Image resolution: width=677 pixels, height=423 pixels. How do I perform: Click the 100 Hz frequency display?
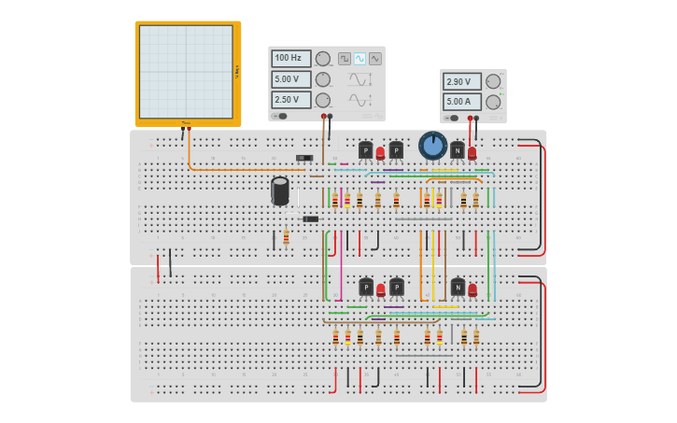coord(290,58)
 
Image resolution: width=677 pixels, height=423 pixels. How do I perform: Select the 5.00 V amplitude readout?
coord(290,79)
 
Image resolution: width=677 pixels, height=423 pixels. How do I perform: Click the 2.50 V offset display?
coord(290,100)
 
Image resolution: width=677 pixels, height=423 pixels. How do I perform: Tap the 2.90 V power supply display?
coord(461,81)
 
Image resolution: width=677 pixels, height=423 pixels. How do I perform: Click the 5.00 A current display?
coord(461,101)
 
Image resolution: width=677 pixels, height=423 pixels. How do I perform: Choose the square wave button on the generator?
coord(344,58)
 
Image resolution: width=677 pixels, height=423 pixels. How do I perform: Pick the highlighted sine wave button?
coord(360,58)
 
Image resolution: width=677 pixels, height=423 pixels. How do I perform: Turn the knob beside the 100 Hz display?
coord(323,59)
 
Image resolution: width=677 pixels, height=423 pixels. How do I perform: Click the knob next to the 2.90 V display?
coord(493,81)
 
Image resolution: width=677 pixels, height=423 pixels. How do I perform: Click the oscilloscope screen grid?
coord(186,71)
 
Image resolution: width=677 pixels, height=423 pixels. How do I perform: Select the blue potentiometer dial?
coord(432,145)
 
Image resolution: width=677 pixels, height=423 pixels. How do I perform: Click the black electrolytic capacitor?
coord(280,190)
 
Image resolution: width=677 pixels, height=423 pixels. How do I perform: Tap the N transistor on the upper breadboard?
coord(457,150)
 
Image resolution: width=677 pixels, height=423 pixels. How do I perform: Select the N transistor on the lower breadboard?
coord(458,288)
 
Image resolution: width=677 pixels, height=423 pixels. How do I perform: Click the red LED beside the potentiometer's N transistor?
coord(472,152)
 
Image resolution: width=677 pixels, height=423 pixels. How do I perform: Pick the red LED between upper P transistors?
coord(380,152)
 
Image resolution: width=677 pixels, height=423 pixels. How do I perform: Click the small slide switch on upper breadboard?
coord(303,158)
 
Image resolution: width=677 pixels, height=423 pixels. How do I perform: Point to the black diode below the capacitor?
coord(311,219)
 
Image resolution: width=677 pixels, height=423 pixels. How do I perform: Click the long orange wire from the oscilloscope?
coord(233,169)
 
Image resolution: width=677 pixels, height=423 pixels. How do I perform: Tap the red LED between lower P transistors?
coord(380,289)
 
